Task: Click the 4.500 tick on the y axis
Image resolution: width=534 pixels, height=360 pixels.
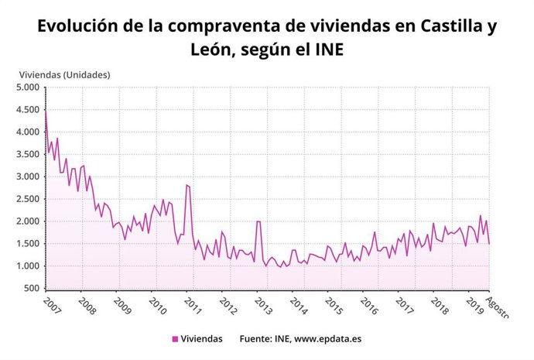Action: (29, 110)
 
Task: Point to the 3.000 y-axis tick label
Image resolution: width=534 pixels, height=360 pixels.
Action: (29, 177)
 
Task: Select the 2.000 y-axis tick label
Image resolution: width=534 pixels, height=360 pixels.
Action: (29, 221)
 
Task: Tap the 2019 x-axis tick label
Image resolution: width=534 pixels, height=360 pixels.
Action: (475, 306)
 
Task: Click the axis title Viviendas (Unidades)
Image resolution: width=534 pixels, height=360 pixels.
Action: (64, 75)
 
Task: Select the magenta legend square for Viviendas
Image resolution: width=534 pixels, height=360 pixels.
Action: (175, 339)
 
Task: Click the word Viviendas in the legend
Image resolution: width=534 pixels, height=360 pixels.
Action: (203, 339)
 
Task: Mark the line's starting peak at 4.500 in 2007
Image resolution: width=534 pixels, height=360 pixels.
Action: (46, 111)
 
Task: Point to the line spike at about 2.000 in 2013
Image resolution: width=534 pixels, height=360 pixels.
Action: (258, 221)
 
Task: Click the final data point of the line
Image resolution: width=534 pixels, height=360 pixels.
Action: (489, 244)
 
